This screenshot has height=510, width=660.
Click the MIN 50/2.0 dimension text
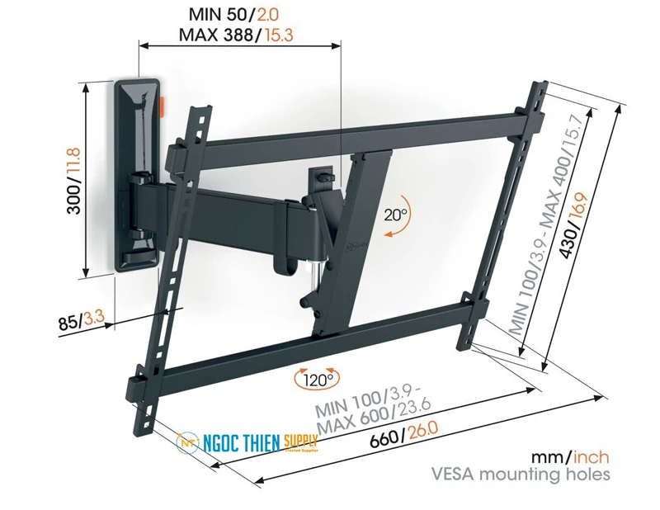240,14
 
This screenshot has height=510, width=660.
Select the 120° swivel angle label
316,380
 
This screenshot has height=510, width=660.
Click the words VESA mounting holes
521,475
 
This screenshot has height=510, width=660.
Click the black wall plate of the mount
136,173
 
